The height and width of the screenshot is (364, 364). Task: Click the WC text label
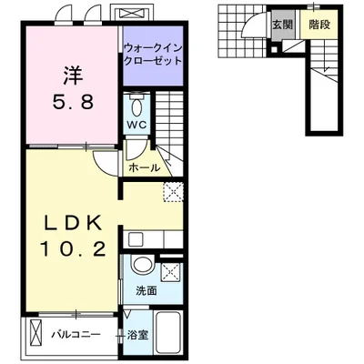coord(137,122)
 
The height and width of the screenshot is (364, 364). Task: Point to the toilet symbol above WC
coord(137,102)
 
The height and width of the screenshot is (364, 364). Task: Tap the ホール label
coord(144,168)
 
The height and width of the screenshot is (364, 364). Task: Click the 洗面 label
coord(147,291)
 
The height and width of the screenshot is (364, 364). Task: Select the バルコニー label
coord(75,335)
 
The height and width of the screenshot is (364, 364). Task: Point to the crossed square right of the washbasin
coord(171,271)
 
